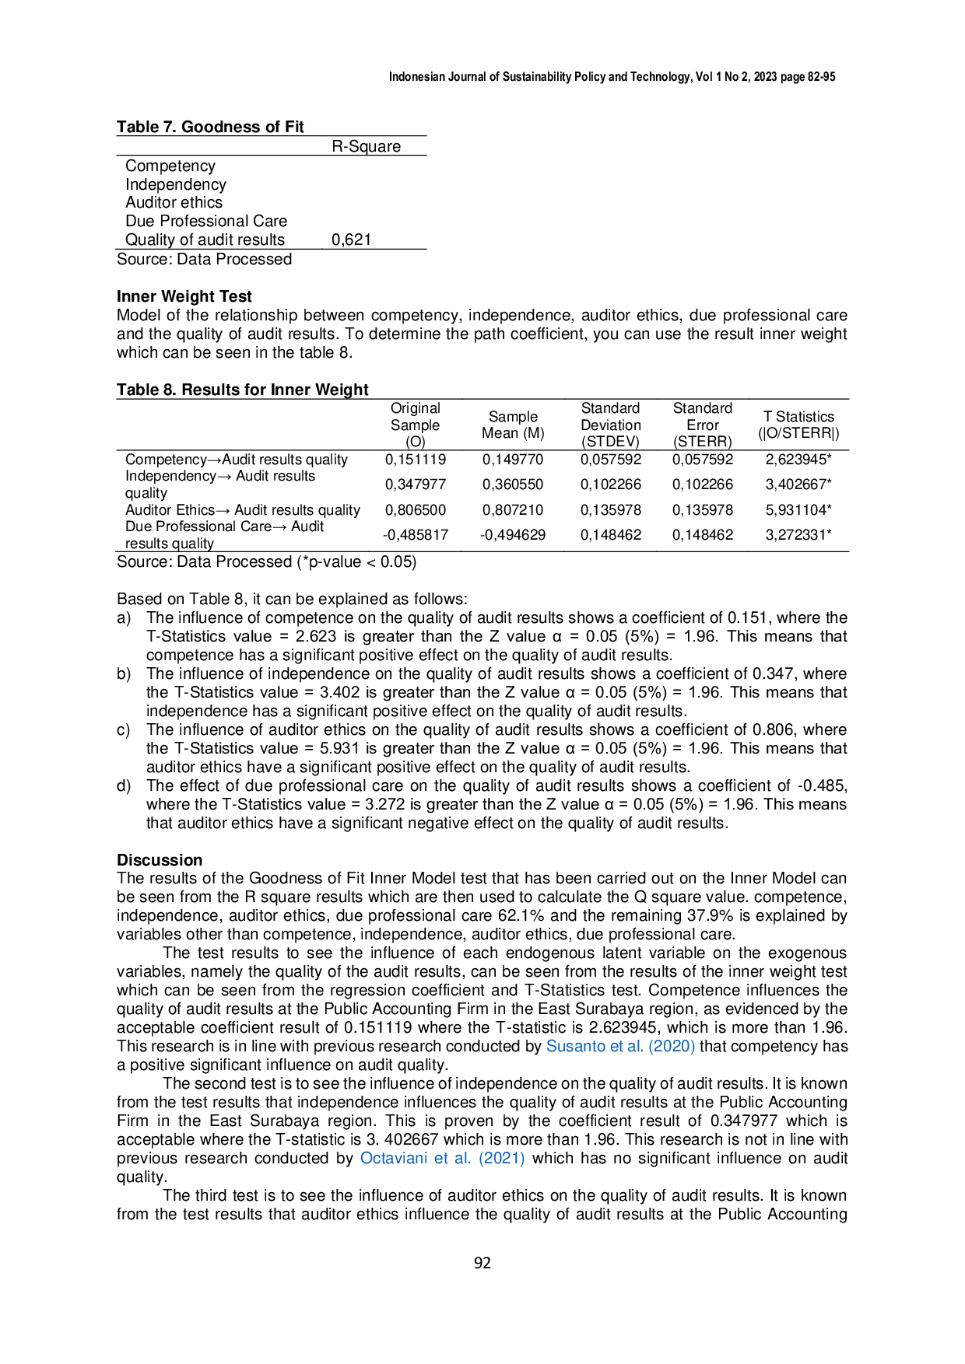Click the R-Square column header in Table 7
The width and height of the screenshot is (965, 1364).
366,146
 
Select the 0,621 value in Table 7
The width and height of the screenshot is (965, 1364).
352,240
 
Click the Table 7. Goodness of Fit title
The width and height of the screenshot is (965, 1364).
210,127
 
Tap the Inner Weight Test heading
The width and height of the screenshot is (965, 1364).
184,296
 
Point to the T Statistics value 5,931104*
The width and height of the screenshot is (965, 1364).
798,510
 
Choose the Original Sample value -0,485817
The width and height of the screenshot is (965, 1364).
416,535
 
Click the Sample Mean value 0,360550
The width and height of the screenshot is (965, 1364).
513,484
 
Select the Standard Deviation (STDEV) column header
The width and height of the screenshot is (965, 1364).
611,425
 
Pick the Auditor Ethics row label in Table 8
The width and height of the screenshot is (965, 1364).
243,510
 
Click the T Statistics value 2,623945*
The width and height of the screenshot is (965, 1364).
798,460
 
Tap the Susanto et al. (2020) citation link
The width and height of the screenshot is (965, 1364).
620,1046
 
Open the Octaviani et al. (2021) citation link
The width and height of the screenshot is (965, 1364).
442,1158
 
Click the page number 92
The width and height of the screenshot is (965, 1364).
482,1263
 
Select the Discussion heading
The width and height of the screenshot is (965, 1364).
160,860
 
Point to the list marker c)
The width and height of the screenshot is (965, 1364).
124,729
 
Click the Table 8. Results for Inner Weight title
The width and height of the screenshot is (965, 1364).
243,390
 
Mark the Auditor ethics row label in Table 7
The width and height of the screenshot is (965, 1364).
174,202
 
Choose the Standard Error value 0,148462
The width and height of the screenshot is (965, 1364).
703,535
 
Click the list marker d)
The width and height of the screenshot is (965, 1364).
124,785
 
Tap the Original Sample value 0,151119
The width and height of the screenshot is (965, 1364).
416,460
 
